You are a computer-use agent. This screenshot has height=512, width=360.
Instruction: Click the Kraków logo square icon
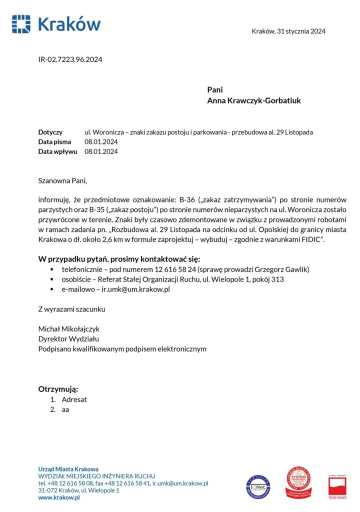click(x=21, y=24)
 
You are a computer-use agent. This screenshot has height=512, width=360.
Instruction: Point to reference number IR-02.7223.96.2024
click(x=70, y=60)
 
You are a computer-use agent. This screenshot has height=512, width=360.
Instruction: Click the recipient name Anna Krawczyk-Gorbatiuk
click(x=254, y=100)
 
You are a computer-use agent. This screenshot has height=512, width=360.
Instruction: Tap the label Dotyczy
click(x=50, y=132)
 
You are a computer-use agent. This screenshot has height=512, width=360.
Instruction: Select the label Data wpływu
click(x=57, y=151)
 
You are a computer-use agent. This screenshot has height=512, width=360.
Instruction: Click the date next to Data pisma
click(x=101, y=142)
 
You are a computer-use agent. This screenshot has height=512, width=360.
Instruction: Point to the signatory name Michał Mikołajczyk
click(x=69, y=329)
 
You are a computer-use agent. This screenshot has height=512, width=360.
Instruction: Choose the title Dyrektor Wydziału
click(x=68, y=339)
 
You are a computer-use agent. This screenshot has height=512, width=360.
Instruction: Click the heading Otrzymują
click(x=58, y=389)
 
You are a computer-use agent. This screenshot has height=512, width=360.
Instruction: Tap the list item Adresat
click(x=74, y=399)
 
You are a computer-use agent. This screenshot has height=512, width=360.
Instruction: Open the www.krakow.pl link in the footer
click(x=59, y=497)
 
